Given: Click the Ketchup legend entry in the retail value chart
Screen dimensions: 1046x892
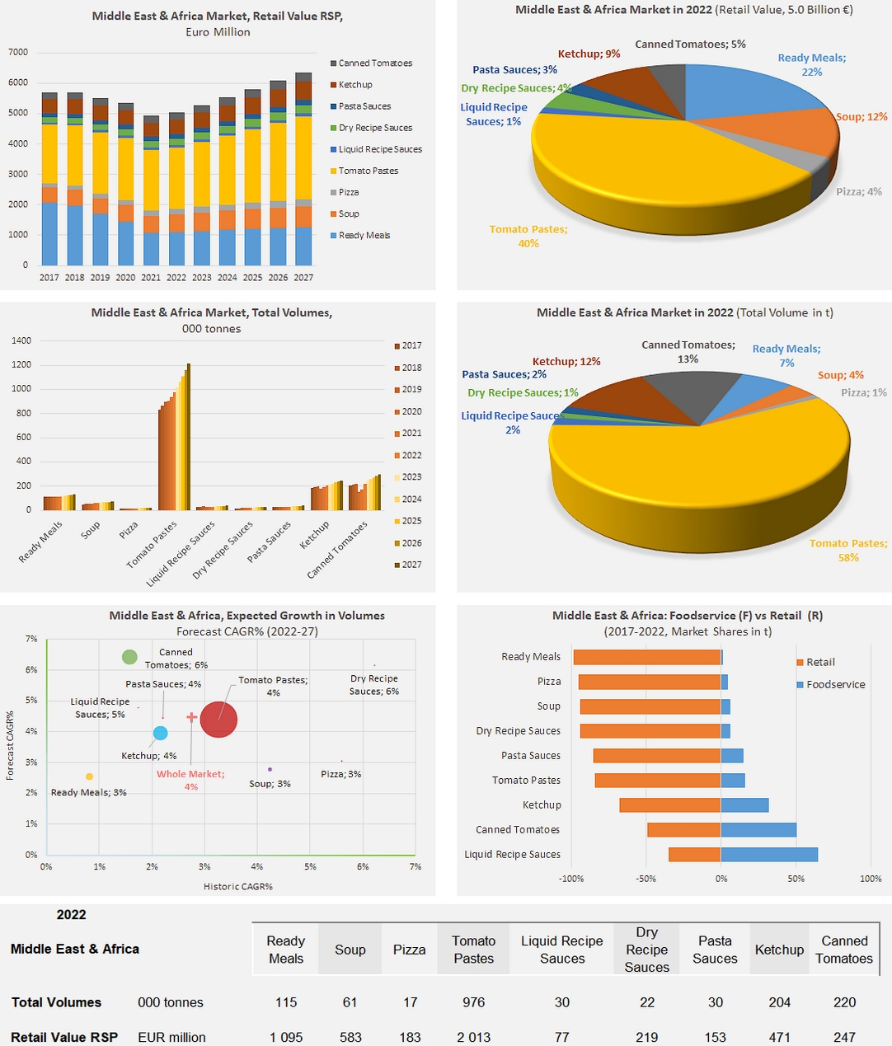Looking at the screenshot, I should (354, 85).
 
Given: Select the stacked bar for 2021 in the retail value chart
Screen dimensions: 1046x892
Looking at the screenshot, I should (151, 190).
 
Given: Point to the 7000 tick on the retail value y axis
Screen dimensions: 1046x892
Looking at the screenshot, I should (18, 52).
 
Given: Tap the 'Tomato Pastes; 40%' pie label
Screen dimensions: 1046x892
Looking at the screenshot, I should (528, 237).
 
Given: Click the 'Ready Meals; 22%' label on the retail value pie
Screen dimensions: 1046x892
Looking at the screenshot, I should (811, 65).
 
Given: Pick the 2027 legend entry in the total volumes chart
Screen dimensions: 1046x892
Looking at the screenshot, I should (411, 565).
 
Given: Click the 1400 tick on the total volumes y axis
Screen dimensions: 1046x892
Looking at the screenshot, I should (21, 340).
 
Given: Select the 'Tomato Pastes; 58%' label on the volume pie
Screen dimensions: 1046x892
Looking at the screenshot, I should (848, 551).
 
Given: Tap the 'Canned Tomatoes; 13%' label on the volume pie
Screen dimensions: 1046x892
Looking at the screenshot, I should (688, 352).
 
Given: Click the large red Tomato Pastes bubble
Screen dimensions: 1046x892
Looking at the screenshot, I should (218, 720).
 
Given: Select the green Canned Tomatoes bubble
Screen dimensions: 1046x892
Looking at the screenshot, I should (129, 657).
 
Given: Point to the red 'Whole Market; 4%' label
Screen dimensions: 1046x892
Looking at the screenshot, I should (190, 780).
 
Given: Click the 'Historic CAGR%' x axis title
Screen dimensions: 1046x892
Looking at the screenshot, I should (238, 886).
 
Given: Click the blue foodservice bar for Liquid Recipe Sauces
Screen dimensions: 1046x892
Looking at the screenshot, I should (769, 855).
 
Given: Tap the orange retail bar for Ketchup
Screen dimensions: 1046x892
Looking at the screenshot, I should (670, 805).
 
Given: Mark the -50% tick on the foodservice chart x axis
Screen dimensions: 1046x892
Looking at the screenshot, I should (646, 879).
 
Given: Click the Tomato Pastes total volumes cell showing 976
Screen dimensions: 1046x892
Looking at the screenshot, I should (474, 1002).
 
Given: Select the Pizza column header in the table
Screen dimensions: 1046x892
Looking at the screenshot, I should (410, 950).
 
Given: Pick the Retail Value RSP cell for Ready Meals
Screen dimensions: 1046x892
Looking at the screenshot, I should (286, 1037).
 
